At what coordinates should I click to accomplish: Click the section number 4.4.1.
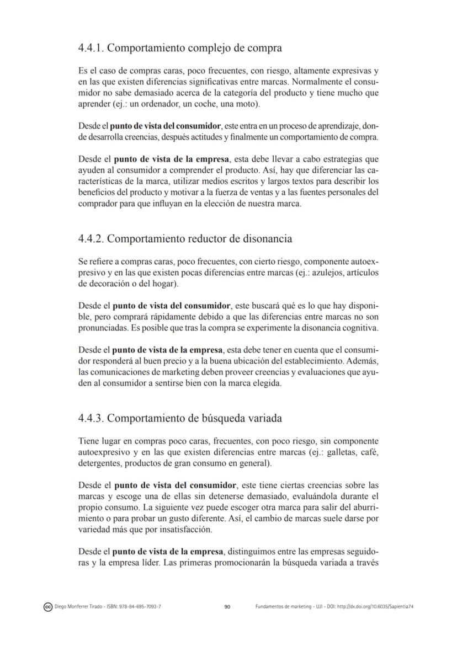point(91,48)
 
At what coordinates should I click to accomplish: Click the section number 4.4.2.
point(91,239)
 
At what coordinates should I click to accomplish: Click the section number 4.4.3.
point(91,418)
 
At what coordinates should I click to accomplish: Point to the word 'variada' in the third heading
point(262,418)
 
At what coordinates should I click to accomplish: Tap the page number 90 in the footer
point(227,607)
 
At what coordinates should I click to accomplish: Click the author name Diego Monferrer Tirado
point(77,607)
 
